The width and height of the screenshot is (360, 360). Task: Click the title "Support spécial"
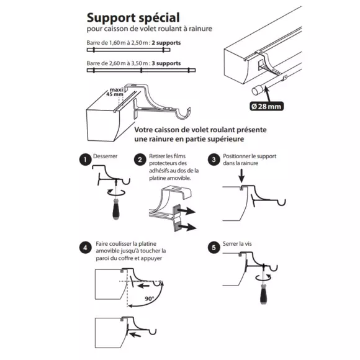(133, 17)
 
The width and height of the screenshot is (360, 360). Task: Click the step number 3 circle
(214, 160)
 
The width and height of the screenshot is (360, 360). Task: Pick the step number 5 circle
(214, 248)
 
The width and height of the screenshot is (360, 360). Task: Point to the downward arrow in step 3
(241, 176)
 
